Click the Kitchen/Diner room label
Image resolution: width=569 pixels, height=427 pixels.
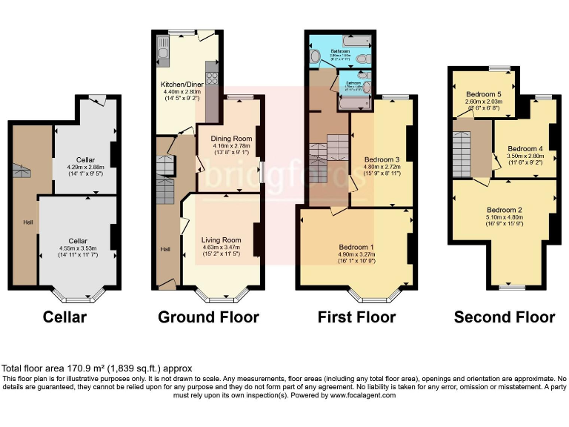182,84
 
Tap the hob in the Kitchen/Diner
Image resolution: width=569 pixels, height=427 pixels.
211,77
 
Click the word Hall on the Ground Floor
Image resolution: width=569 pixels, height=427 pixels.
165,248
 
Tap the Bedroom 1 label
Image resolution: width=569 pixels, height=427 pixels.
356,247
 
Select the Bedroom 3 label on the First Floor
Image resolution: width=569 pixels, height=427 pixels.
382,159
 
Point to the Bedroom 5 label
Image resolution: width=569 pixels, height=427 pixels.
483,94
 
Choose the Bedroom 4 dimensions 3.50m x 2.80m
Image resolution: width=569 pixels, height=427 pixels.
525,156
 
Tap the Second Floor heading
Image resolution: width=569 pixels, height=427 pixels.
504,317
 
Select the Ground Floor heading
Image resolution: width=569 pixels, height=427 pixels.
208,317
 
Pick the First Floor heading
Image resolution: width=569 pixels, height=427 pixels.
356,317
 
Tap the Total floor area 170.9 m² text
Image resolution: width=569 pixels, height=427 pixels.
96,368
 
